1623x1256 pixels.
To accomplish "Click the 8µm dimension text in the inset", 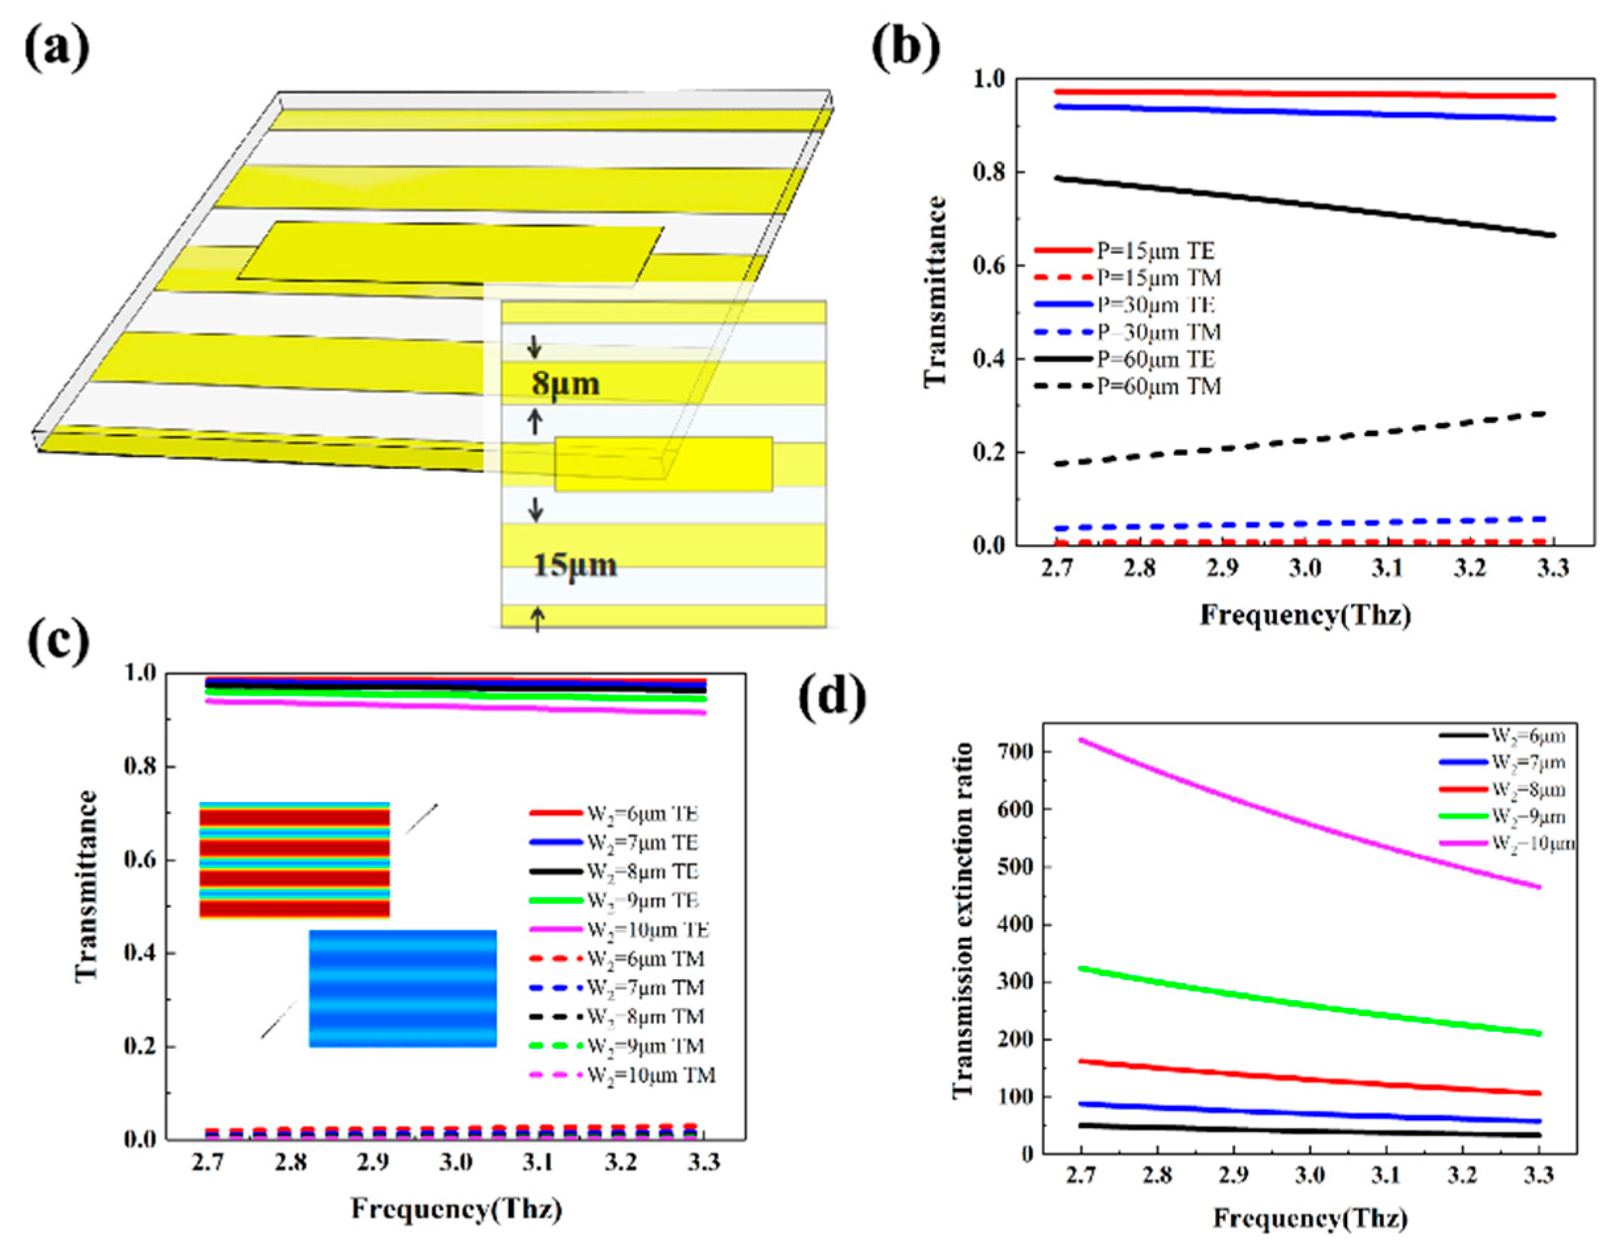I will tap(565, 384).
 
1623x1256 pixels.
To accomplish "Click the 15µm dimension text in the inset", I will tap(574, 565).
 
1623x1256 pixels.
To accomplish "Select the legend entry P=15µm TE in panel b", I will tap(1156, 251).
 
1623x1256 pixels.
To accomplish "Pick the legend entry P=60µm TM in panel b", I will tap(1158, 386).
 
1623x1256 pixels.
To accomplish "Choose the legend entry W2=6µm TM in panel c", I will tap(645, 959).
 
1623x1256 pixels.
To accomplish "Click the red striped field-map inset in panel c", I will tap(294, 860).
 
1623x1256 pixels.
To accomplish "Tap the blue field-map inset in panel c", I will tap(403, 988).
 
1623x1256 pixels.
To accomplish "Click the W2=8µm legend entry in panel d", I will tap(1527, 790).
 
